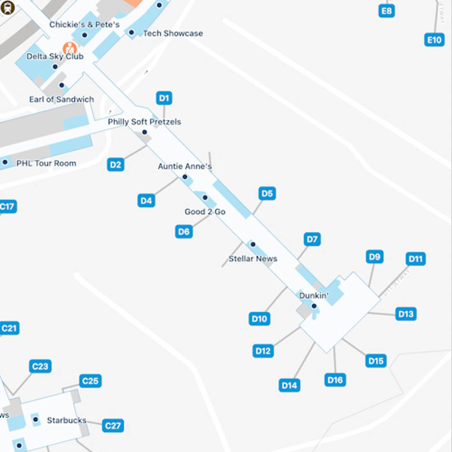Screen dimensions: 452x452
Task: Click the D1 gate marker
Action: (164, 98)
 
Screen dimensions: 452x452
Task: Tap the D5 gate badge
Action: (267, 193)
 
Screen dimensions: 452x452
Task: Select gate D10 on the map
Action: (259, 319)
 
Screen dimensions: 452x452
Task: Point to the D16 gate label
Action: (335, 380)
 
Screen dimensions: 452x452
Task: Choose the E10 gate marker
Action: (434, 40)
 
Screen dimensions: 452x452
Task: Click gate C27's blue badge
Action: (113, 426)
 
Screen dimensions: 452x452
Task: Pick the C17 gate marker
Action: (7, 206)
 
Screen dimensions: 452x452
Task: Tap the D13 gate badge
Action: (406, 314)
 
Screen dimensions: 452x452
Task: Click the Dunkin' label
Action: (313, 296)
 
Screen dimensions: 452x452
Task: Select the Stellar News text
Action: (253, 259)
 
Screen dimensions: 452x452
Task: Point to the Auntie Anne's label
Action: (185, 167)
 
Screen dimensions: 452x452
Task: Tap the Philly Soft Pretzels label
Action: (144, 122)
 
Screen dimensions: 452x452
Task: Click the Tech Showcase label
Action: (173, 33)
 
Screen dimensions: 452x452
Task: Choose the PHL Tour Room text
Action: (46, 163)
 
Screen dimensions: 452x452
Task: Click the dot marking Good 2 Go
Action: (205, 198)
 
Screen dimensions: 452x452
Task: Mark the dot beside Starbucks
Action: (36, 419)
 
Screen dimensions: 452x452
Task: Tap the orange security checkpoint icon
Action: (69, 48)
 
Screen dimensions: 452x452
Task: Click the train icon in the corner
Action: (7, 7)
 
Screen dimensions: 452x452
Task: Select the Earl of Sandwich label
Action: (62, 99)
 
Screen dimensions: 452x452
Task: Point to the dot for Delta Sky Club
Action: (54, 67)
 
